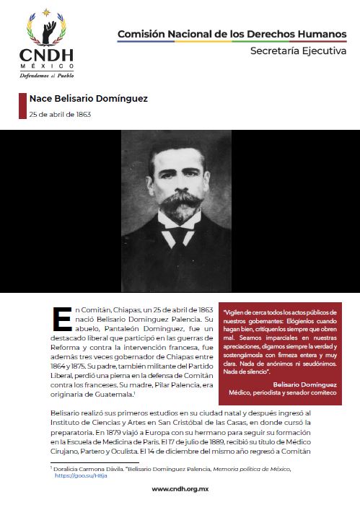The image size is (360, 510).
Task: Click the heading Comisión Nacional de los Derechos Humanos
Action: click(232, 33)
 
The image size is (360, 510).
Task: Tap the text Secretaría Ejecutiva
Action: click(298, 51)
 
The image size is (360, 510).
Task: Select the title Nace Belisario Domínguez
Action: click(89, 99)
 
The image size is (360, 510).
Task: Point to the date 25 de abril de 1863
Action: click(60, 114)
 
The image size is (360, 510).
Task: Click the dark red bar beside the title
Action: click(22, 106)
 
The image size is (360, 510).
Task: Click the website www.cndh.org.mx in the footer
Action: click(180, 489)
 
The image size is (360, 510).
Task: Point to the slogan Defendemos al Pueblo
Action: click(47, 74)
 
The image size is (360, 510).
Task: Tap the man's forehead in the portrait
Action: click(179, 154)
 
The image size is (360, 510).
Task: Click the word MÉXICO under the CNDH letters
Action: click(47, 66)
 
